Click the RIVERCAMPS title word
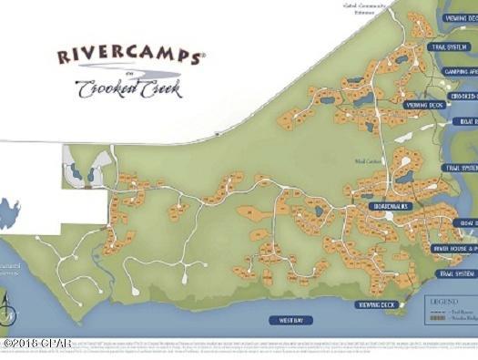pos(130,57)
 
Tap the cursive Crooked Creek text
pos(128,88)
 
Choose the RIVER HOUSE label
pos(453,247)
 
